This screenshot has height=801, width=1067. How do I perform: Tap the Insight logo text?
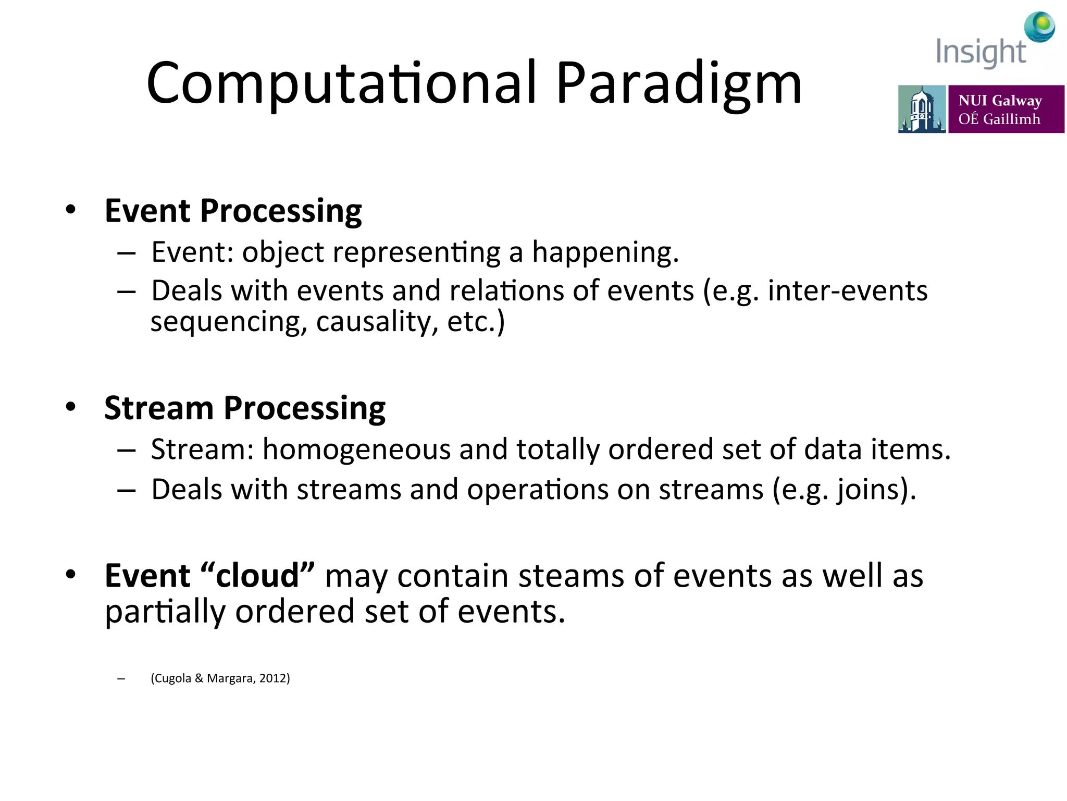980,52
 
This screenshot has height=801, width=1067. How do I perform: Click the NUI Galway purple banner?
1006,109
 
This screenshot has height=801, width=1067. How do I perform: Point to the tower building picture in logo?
921,109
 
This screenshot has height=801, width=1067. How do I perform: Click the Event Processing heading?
233,211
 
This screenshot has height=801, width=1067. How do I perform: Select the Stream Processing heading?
245,408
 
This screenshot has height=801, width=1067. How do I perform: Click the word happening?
604,252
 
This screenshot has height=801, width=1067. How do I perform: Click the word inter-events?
847,290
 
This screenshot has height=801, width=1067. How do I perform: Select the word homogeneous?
356,449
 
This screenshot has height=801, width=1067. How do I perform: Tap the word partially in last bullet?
165,611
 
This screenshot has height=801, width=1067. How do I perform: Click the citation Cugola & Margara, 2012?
220,678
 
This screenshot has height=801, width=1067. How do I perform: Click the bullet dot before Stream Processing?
71,406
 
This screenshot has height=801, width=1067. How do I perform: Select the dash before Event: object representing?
127,253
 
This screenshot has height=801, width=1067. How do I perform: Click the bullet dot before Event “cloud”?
71,574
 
